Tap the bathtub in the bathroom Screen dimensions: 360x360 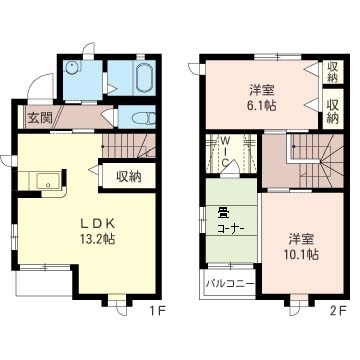point(144,77)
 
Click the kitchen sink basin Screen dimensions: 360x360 point(48,181)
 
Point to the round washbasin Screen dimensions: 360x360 point(71,69)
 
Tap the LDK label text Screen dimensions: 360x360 point(99,224)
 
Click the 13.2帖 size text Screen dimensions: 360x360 point(98,239)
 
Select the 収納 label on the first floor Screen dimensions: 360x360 point(129,177)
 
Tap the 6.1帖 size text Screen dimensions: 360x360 point(262,105)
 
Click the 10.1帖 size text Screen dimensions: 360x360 point(302,255)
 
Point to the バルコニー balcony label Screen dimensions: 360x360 point(230,284)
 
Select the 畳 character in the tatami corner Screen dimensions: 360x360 point(222,211)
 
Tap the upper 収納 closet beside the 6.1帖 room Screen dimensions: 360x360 point(333,72)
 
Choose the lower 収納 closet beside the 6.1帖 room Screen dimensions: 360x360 point(333,109)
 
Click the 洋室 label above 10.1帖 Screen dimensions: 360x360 point(302,239)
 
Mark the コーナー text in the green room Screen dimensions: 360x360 point(231,229)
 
